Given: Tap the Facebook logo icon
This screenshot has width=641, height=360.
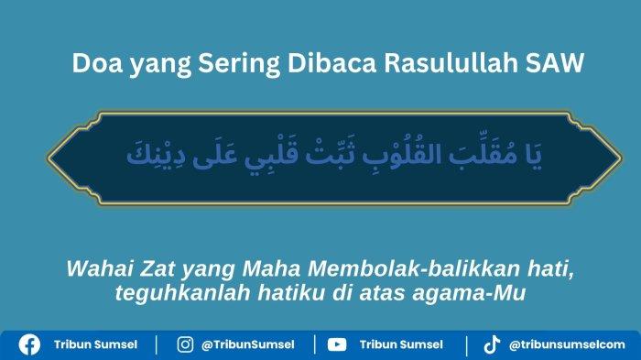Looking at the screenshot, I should point(29,344).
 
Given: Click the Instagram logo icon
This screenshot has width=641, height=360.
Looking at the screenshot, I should point(186,344).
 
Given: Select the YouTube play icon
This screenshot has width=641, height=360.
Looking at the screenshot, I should point(337,344).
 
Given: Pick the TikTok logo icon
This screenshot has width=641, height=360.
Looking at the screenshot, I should point(492,344).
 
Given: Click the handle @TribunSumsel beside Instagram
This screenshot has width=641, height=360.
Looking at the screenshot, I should point(249,344).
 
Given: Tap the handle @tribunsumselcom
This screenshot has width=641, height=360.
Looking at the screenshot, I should point(568,344).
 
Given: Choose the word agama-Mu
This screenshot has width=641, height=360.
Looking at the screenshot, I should point(480,292).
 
